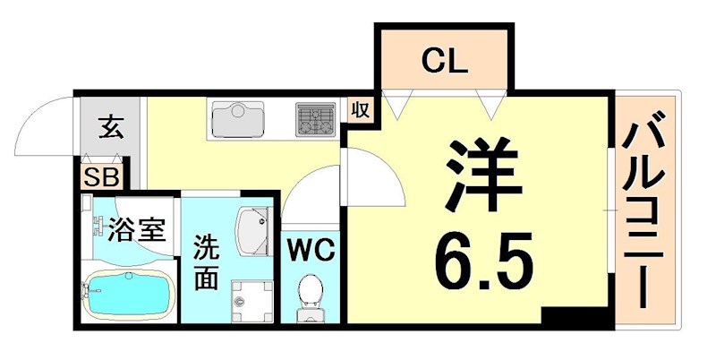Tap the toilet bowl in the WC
point(311,294)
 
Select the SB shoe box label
point(101,176)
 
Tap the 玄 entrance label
point(110,127)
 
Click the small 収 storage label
point(360,110)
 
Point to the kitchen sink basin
point(237,119)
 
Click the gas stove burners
point(314,119)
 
